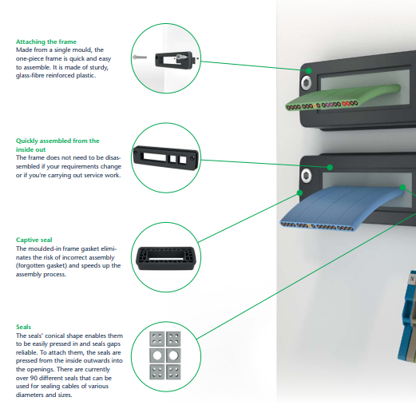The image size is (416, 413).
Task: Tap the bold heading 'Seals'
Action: [24, 327]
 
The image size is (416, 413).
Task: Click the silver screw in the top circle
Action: [141, 57]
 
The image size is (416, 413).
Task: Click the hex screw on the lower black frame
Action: [304, 175]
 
